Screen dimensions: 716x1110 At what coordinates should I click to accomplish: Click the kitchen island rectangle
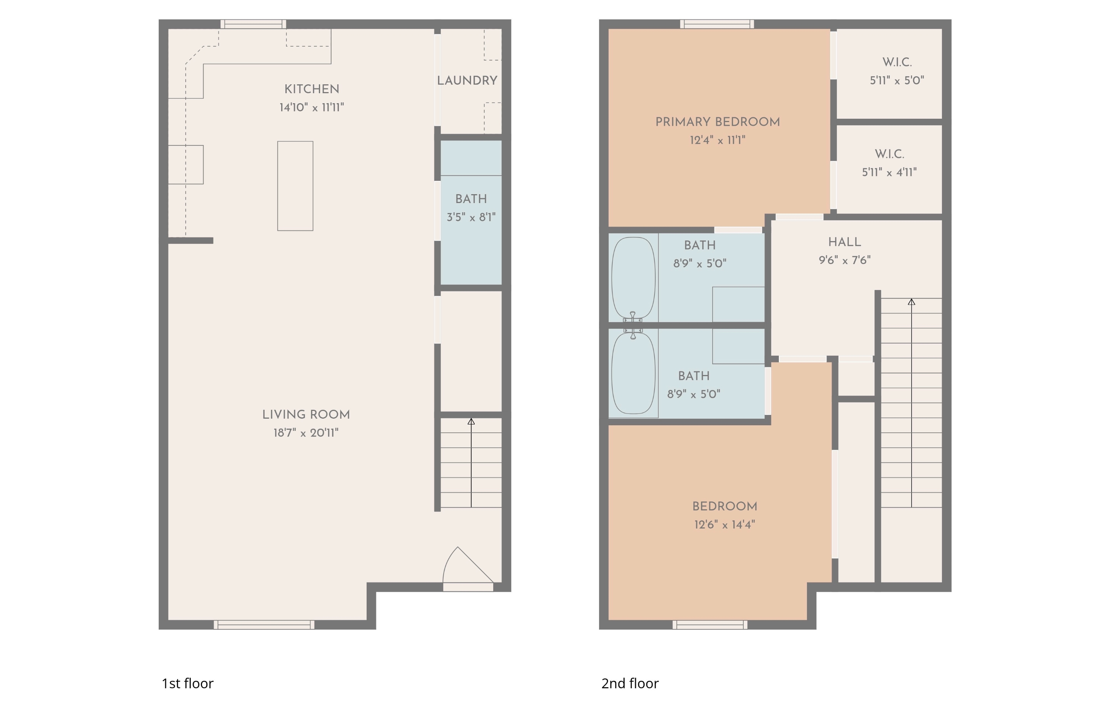point(295,186)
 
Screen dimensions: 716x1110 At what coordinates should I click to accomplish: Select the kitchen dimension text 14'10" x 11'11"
point(312,107)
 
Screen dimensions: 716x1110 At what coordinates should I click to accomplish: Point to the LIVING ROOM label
point(306,415)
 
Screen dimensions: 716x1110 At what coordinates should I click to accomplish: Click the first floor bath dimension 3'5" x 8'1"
point(471,217)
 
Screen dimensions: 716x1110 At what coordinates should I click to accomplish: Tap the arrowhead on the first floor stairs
point(471,421)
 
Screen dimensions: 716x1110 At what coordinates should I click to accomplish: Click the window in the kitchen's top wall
point(253,24)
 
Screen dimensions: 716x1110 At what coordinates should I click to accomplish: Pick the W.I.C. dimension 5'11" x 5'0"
point(897,80)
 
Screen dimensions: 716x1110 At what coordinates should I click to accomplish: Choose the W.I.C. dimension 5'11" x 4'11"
point(889,172)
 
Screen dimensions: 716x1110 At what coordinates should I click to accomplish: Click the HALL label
point(844,242)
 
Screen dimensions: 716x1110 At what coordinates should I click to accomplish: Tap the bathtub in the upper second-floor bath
point(633,278)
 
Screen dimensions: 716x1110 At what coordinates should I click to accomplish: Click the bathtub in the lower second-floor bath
point(633,373)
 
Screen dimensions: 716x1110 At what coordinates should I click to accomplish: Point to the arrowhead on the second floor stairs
point(911,302)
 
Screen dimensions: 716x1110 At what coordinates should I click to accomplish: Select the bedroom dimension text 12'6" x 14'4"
point(724,524)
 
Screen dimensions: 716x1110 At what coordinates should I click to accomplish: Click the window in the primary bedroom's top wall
point(717,24)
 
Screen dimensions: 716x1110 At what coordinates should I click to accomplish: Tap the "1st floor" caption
point(187,683)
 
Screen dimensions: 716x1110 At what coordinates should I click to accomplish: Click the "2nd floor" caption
point(630,683)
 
